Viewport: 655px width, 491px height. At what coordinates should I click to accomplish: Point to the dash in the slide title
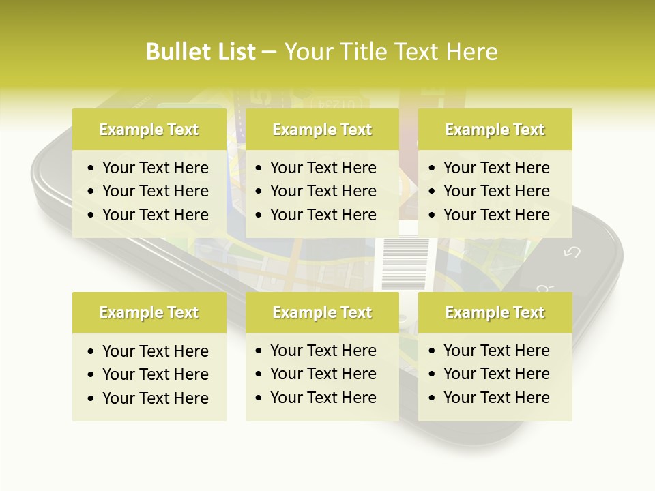coord(269,53)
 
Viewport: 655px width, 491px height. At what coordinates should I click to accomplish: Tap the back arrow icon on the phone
coord(572,252)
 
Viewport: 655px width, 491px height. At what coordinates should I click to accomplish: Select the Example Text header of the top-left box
coord(149,130)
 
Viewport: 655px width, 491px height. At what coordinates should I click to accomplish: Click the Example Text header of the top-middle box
coord(322,130)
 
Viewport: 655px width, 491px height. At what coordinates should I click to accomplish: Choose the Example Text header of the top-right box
coord(495,130)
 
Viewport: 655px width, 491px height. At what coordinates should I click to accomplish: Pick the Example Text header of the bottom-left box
coord(149,312)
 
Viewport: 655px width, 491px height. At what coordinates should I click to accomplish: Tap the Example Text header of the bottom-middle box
coord(322,312)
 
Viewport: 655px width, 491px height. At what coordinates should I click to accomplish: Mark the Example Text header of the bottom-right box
coord(495,312)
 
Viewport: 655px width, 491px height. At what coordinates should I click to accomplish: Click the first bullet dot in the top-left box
coord(91,168)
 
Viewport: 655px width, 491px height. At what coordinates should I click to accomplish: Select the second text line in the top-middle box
coord(323,191)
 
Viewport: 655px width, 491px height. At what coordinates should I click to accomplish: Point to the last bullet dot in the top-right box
coord(433,215)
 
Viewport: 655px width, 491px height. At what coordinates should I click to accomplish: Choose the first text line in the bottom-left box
coord(155,351)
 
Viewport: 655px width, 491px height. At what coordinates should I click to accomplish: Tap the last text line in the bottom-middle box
coord(323,398)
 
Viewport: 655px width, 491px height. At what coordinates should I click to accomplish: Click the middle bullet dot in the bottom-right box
coord(433,374)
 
